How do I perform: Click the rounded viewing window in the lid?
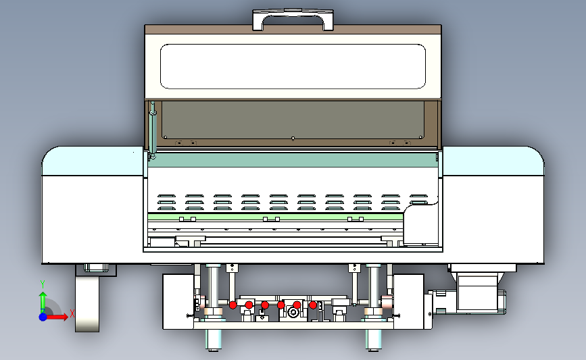(x=293, y=66)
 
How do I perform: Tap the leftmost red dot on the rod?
(x=233, y=305)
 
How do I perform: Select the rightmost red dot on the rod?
(x=313, y=305)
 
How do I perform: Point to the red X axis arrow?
(x=57, y=317)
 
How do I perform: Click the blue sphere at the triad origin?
(x=43, y=317)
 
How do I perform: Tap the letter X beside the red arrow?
(x=72, y=313)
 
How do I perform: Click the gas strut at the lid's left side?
(x=153, y=129)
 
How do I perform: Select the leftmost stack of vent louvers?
(x=166, y=202)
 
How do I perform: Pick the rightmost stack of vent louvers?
(x=418, y=200)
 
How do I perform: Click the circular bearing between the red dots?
(x=293, y=312)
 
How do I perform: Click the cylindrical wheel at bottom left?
(x=87, y=304)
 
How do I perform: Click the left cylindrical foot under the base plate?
(x=214, y=340)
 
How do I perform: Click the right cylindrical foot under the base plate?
(x=374, y=340)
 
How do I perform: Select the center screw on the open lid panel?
(x=293, y=139)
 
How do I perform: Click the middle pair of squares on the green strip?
(x=271, y=220)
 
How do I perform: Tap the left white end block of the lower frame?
(x=178, y=302)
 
